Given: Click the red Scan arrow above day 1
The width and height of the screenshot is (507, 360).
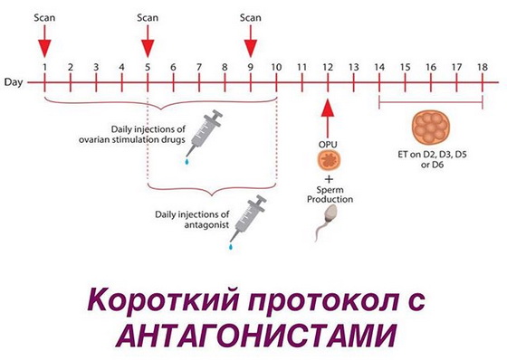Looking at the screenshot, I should (43, 41).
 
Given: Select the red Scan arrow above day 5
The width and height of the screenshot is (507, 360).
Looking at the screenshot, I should (147, 41).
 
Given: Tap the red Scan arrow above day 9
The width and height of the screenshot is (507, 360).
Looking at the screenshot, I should (250, 41).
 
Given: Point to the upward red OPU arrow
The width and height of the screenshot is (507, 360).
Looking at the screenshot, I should (328, 118).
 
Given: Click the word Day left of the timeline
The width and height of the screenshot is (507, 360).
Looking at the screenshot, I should (13, 82).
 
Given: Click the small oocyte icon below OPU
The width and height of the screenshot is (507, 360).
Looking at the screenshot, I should (328, 160).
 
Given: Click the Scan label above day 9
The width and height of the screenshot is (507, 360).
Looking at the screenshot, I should (250, 16).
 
